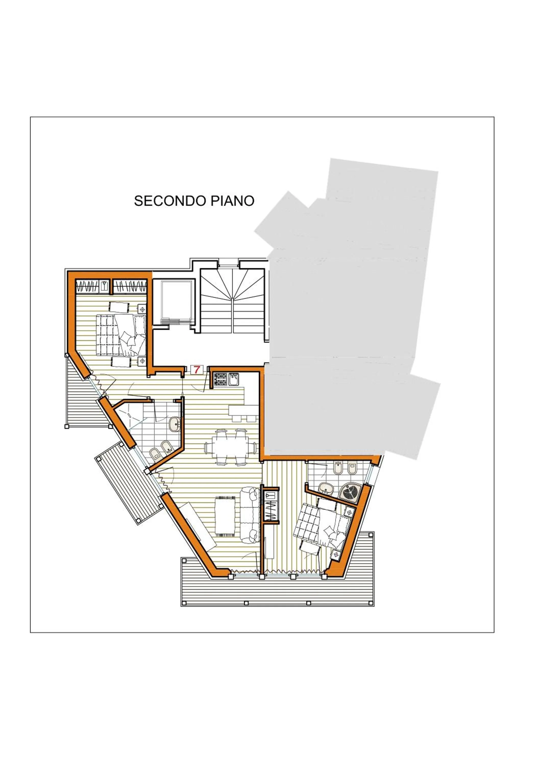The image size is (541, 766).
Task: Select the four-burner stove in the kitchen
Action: (x=220, y=380)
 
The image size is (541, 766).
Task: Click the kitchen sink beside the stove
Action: (x=234, y=380)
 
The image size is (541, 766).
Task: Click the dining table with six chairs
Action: (x=230, y=447)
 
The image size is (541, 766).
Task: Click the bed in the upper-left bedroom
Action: (x=121, y=335)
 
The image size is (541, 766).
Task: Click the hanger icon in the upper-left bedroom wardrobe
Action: (x=104, y=286)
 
